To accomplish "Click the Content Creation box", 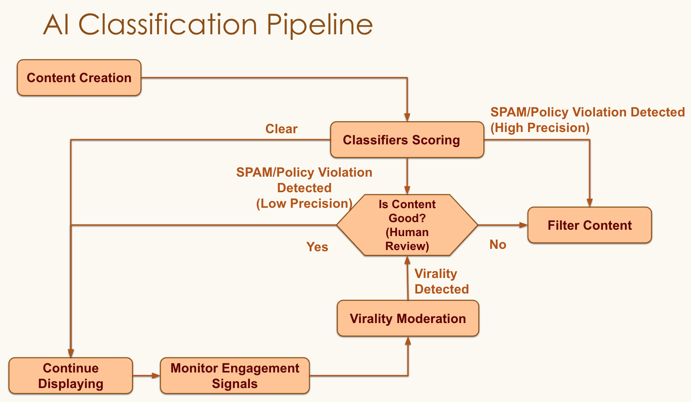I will [79, 78].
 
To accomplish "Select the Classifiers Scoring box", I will [407, 140].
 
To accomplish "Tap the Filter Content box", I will [589, 225].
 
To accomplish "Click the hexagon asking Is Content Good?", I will [407, 225].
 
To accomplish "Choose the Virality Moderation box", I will [408, 319].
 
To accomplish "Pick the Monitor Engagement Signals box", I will [235, 376].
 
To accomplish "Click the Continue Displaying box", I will [71, 376].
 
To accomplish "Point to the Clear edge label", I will [281, 129].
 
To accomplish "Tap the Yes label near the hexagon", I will [317, 247].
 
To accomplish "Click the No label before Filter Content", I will [498, 244].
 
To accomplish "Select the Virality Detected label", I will [441, 282].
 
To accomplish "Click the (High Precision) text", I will [540, 128].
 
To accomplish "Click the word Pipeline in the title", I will [320, 25].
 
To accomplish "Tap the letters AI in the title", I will [56, 25].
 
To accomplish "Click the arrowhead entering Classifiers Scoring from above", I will [407, 117].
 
